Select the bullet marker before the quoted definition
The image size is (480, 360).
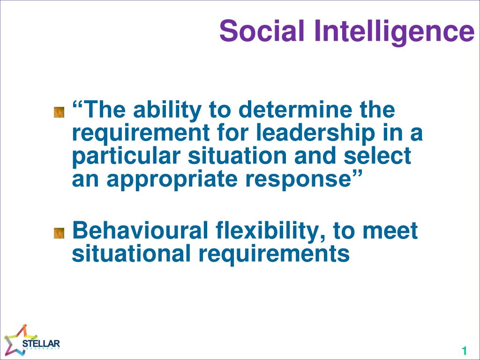coord(59,112)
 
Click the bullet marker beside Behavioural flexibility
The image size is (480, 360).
coord(59,232)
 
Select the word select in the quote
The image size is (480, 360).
coord(379,156)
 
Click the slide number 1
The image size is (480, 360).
coord(464,351)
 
